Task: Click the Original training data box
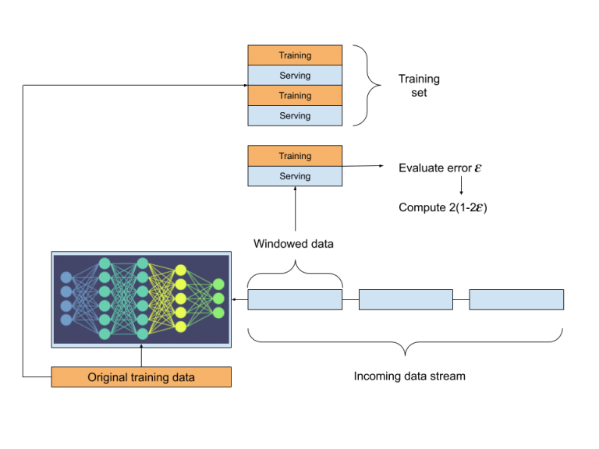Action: pyautogui.click(x=141, y=377)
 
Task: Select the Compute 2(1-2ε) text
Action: pyautogui.click(x=443, y=208)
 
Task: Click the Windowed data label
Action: pyautogui.click(x=293, y=244)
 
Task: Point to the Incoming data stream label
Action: pyautogui.click(x=409, y=377)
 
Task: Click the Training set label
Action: pyautogui.click(x=420, y=86)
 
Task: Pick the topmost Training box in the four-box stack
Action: pyautogui.click(x=295, y=55)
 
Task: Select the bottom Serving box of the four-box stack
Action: pyautogui.click(x=295, y=116)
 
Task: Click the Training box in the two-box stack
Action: pyautogui.click(x=295, y=156)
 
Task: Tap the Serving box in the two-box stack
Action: pyautogui.click(x=295, y=176)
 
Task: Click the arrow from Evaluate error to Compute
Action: pyautogui.click(x=461, y=186)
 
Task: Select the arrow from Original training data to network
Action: pyautogui.click(x=141, y=356)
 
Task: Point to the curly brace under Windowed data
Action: pyautogui.click(x=296, y=268)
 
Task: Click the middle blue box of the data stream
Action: pyautogui.click(x=406, y=299)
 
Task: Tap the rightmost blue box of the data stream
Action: pyautogui.click(x=516, y=299)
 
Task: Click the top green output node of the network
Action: pyautogui.click(x=218, y=285)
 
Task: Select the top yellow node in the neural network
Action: pyautogui.click(x=180, y=270)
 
